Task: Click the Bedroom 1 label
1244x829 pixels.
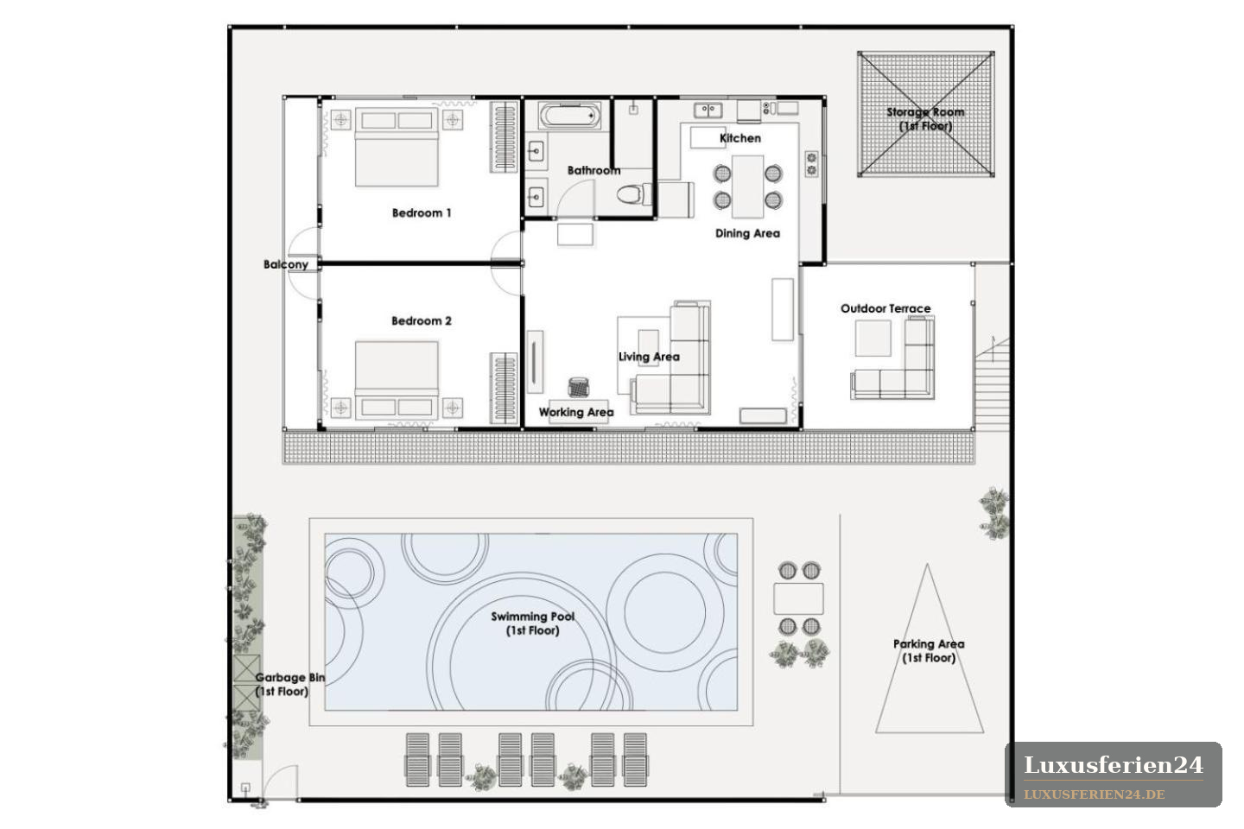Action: coord(422,212)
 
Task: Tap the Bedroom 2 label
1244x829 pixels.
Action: coord(422,321)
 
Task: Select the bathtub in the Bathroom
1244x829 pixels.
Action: coord(569,116)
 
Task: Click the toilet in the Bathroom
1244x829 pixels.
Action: coord(633,194)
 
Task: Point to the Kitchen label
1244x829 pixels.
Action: coord(740,138)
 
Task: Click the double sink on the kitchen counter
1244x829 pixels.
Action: coord(708,110)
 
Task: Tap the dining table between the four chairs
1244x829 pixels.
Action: coord(747,187)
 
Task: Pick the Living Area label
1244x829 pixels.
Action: coord(650,357)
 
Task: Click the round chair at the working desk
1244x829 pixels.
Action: coord(578,387)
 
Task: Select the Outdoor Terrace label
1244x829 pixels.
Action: coord(885,309)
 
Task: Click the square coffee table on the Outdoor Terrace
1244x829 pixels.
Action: coord(873,339)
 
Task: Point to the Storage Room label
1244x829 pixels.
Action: coord(925,119)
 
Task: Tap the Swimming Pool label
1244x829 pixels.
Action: coord(532,623)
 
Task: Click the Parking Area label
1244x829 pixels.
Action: coord(929,651)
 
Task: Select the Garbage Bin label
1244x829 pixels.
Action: coord(289,685)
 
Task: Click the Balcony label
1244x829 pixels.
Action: coord(285,264)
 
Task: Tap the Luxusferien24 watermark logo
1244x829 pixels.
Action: coord(1114,774)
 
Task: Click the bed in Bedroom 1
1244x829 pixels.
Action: coord(397,147)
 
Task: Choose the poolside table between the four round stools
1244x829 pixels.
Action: coord(798,598)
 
